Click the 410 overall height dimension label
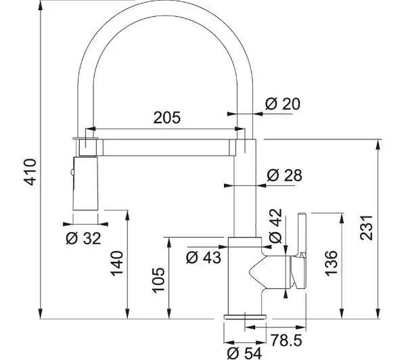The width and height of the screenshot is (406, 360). [x=30, y=173]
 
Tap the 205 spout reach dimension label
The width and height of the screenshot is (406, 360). [x=166, y=118]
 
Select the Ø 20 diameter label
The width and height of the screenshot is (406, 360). [x=283, y=104]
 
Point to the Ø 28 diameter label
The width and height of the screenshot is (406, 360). [x=284, y=175]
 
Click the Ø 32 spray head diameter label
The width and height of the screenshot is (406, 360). [x=83, y=238]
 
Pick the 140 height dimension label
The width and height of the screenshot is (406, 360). [x=117, y=263]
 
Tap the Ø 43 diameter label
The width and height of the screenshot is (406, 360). [x=204, y=257]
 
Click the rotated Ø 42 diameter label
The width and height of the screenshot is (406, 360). [x=275, y=226]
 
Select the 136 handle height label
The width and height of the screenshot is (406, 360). [x=331, y=263]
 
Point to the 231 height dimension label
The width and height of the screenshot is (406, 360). [x=366, y=227]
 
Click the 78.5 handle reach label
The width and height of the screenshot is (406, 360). [x=287, y=340]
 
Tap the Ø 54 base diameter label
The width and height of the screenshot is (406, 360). [x=244, y=353]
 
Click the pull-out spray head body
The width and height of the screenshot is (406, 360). [x=85, y=183]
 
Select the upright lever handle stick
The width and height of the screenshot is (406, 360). [x=302, y=233]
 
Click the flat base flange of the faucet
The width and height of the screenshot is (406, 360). [x=245, y=317]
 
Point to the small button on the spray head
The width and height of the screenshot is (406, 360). [x=72, y=171]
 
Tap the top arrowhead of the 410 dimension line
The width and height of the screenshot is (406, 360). [x=41, y=6]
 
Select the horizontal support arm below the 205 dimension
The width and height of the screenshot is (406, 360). [x=166, y=148]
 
